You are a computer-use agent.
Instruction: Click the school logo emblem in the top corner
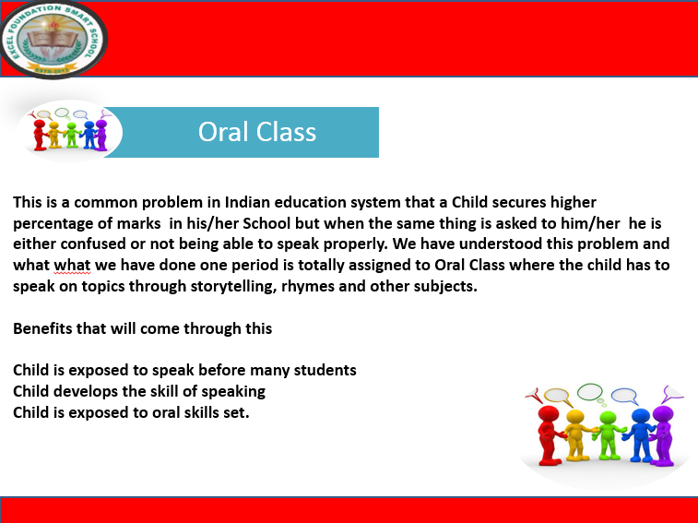point(53,38)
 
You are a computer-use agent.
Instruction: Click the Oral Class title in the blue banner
point(256,132)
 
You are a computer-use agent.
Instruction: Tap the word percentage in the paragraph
point(54,223)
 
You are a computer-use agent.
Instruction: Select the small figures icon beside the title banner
point(70,132)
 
